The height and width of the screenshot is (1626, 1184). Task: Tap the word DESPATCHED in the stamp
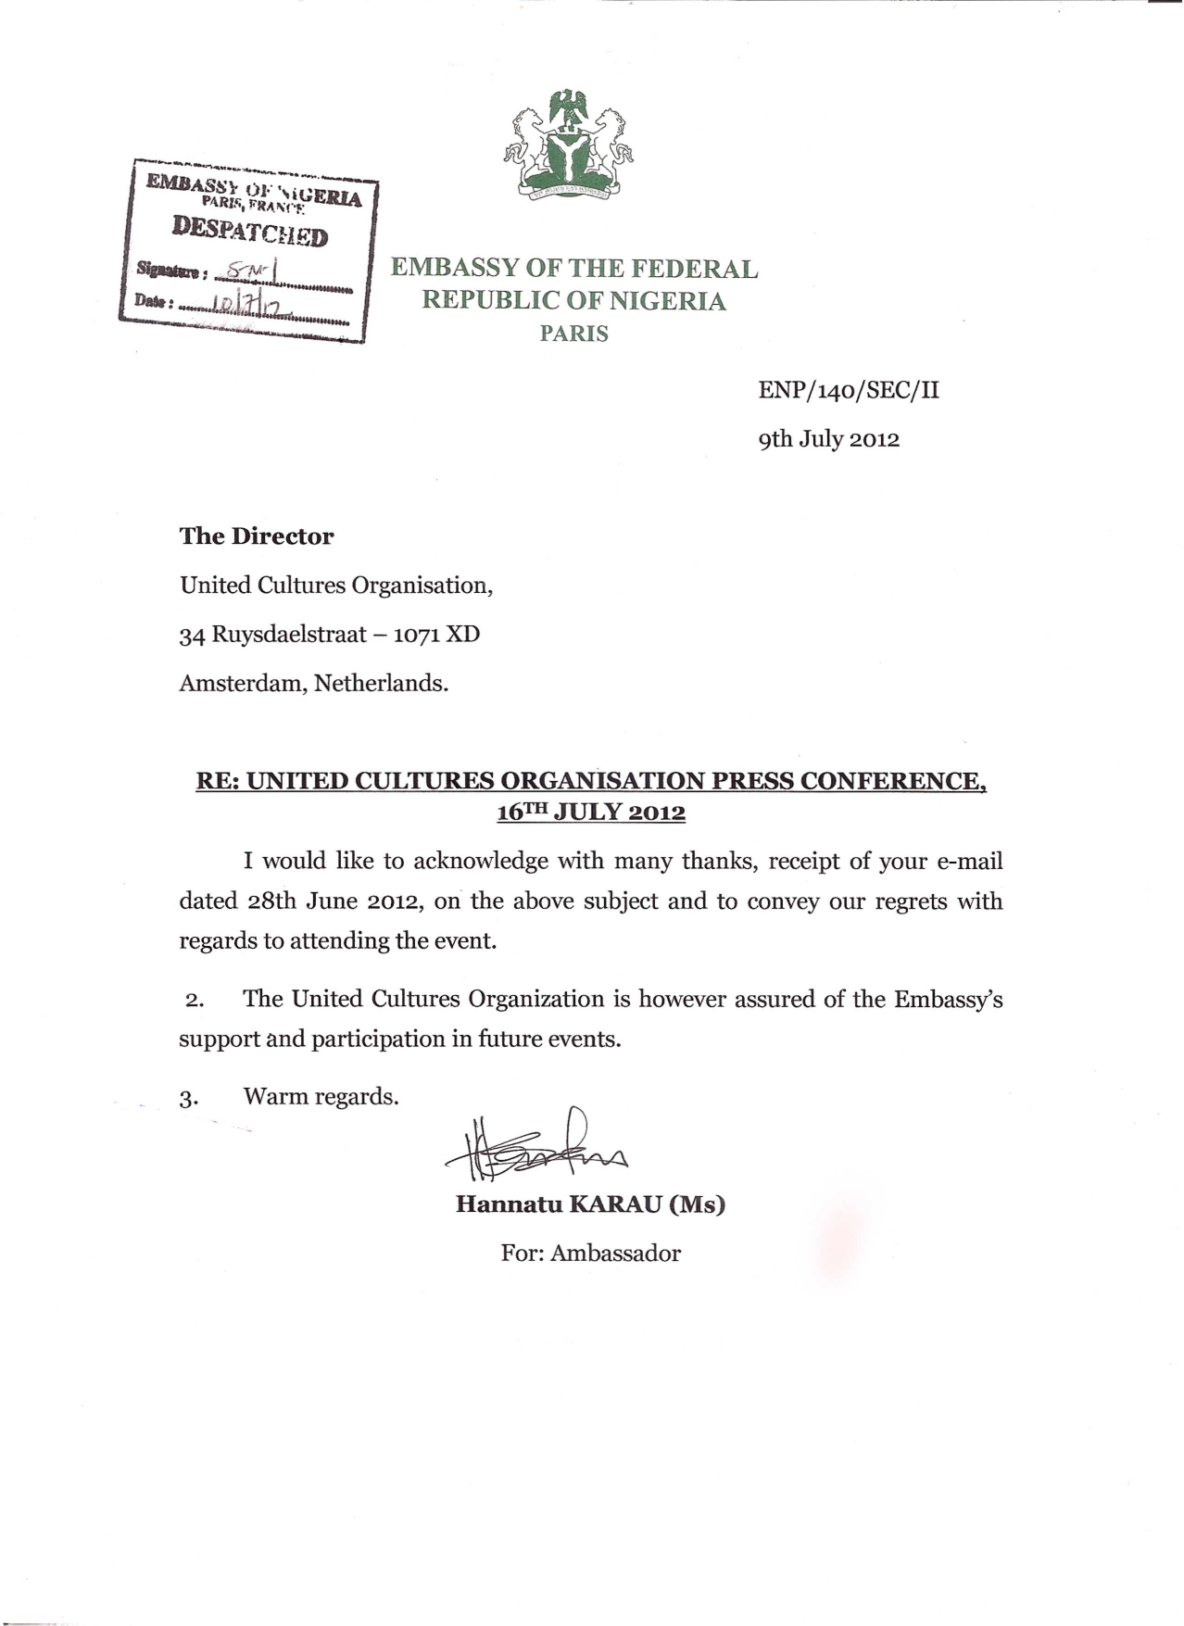[250, 231]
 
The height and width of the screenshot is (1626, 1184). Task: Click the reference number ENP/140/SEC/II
[849, 390]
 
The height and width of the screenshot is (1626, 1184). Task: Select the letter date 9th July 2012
[829, 438]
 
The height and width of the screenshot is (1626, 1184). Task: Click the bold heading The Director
[257, 536]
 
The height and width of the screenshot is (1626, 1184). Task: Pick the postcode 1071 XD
[437, 635]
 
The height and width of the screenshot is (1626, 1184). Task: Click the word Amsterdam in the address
[242, 684]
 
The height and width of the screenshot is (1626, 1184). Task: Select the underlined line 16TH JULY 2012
[591, 813]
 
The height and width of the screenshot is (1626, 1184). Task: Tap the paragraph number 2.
[195, 1001]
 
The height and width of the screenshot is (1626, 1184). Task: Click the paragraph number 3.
[189, 1099]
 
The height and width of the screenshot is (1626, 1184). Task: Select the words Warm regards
[321, 1097]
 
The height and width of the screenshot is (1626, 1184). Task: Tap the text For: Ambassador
[591, 1254]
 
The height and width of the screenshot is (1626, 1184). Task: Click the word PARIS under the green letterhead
[574, 334]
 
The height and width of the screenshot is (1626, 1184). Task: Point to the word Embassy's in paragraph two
[948, 1000]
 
